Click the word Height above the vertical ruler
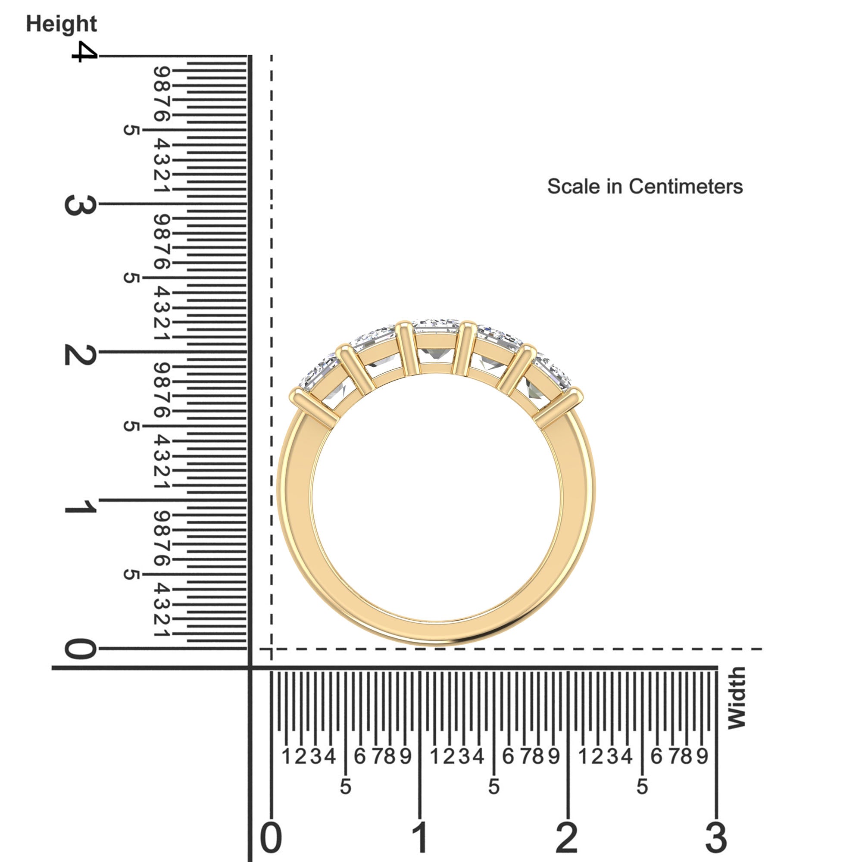61,24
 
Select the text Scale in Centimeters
645,187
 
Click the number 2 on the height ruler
80,355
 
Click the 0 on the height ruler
80,649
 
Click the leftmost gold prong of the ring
312,406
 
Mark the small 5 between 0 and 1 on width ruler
345,787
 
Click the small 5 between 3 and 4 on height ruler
131,130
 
